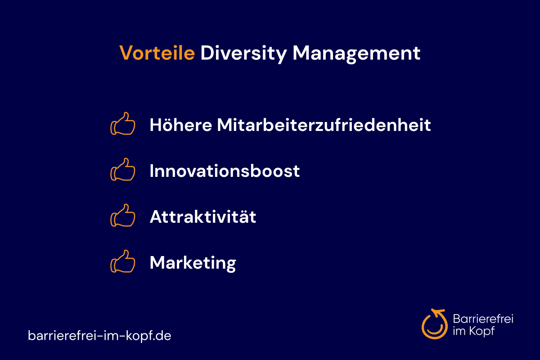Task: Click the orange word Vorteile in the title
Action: (157, 53)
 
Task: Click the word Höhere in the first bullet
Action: (181, 125)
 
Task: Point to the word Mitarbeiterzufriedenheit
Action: (324, 125)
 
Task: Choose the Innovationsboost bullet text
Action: (225, 171)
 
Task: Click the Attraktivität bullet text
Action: (203, 216)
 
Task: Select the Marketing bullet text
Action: (193, 263)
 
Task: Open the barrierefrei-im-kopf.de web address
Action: (99, 336)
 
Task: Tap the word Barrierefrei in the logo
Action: (483, 319)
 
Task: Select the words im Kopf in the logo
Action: (474, 331)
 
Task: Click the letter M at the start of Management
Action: (301, 53)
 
